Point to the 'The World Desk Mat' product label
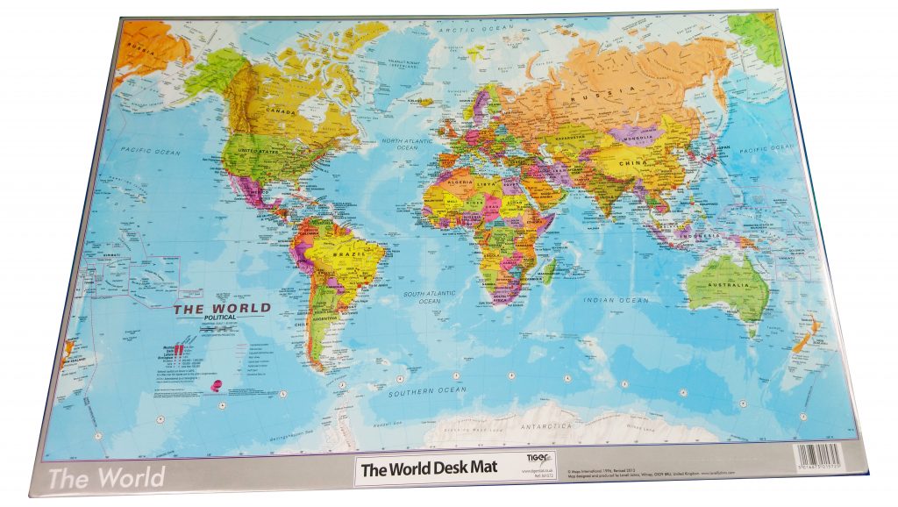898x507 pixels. [429, 468]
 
